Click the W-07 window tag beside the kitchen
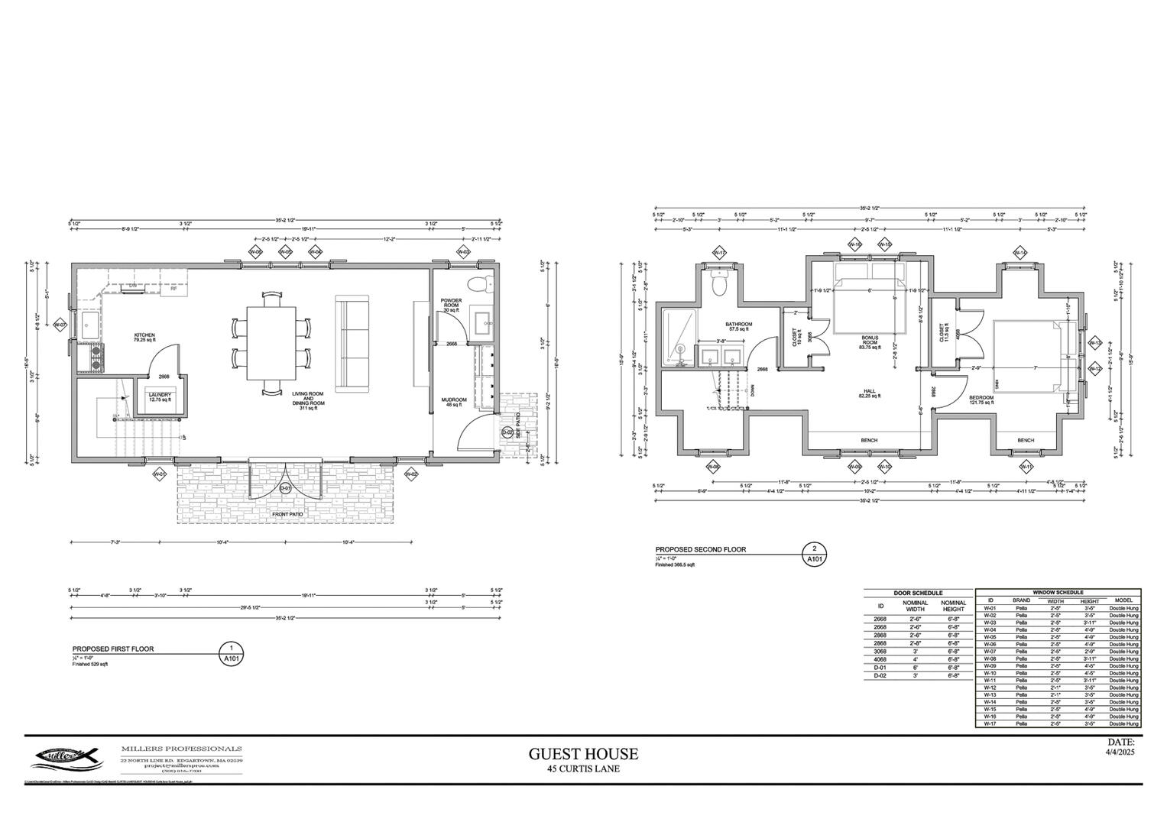tap(59, 325)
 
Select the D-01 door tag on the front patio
tap(285, 488)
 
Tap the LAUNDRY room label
tap(160, 396)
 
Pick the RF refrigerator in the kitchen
tap(173, 289)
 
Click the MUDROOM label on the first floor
tap(453, 402)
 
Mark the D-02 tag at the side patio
tap(507, 433)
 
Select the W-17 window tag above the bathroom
tap(718, 252)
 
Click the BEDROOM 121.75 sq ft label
tap(981, 400)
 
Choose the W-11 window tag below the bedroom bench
tap(1026, 467)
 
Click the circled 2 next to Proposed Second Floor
tap(815, 548)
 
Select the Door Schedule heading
tap(918, 593)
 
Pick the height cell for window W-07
tap(1089, 651)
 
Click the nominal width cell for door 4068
tap(915, 659)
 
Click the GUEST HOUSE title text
tap(583, 754)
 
